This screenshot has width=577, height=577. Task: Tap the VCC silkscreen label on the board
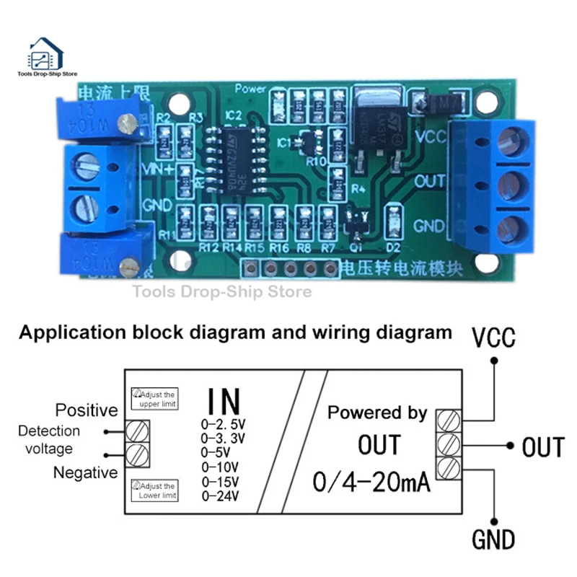coord(430,135)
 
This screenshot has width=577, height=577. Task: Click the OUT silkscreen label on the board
coord(429,181)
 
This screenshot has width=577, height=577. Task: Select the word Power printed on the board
coord(251,90)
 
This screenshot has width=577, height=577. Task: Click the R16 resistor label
coord(279,247)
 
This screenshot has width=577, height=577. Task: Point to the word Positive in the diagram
coord(86,410)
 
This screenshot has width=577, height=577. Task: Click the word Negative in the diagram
coord(84,472)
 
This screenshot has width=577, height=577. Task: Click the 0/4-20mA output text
coord(371,481)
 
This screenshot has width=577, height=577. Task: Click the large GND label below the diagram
coord(494,539)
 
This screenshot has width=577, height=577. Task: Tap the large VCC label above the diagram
coord(494,338)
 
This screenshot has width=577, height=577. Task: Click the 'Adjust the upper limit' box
coord(154,398)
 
